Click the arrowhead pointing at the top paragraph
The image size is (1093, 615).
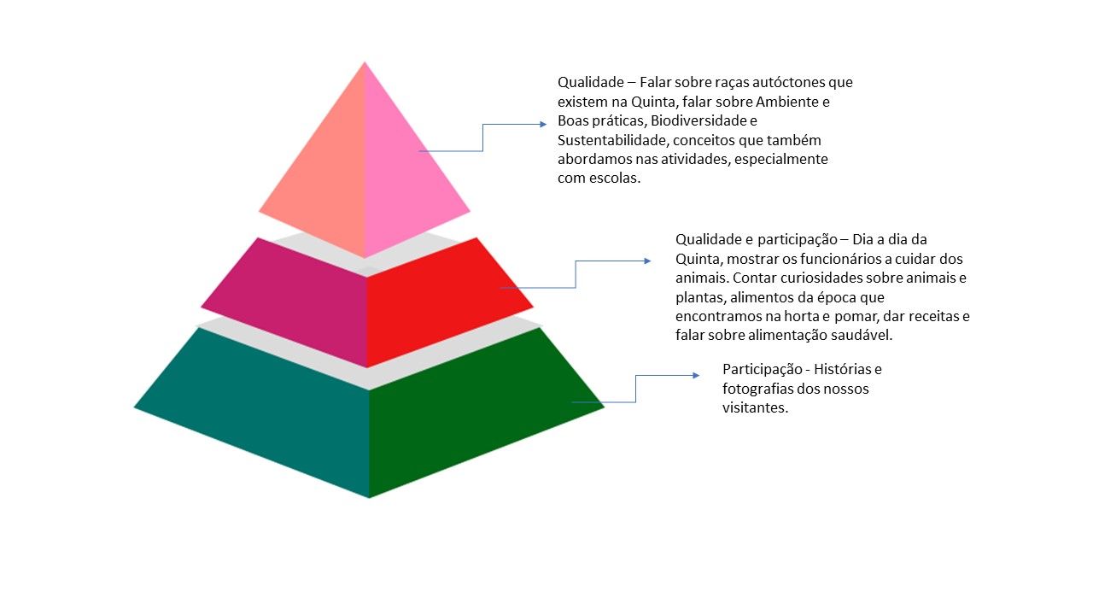[542, 125]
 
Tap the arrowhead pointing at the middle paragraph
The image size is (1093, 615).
[647, 261]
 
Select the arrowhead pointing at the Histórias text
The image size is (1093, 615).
[695, 375]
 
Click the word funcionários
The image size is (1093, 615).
[835, 259]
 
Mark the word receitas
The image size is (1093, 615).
[928, 316]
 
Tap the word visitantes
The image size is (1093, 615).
[756, 407]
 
